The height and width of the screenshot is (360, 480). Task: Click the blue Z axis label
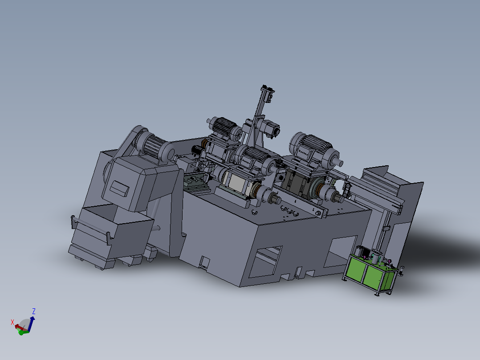click(x=34, y=311)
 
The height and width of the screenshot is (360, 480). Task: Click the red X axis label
click(x=13, y=322)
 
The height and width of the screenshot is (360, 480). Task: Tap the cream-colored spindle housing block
click(x=236, y=183)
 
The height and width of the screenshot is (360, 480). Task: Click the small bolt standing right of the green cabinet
click(x=402, y=270)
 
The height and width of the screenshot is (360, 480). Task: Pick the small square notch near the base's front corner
click(x=205, y=261)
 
